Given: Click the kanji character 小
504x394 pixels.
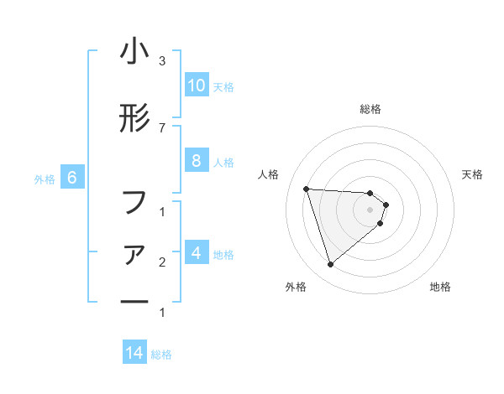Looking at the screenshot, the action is click(x=134, y=52).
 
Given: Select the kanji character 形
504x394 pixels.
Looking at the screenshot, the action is click(x=134, y=118).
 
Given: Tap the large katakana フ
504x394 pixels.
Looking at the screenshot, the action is click(x=134, y=202).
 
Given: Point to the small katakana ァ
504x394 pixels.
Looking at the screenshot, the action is click(x=134, y=253).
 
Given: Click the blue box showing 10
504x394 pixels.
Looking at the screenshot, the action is click(x=196, y=86).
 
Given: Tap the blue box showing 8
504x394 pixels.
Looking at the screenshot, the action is click(x=196, y=162).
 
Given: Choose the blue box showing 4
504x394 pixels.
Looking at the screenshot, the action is click(x=196, y=252).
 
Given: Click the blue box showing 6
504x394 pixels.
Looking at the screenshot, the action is click(x=72, y=178).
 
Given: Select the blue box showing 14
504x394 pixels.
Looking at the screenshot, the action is click(x=134, y=354).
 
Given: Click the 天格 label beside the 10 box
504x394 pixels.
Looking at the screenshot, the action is click(x=223, y=86).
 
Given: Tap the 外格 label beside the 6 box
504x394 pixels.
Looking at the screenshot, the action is click(x=45, y=179).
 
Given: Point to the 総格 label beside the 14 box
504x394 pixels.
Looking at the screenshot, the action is click(x=161, y=355).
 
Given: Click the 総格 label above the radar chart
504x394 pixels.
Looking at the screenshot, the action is click(x=370, y=109).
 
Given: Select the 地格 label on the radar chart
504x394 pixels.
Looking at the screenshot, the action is click(x=440, y=287).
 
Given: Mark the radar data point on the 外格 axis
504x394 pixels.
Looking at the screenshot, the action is click(x=330, y=265).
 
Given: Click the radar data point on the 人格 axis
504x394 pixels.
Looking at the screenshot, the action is click(x=307, y=189).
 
